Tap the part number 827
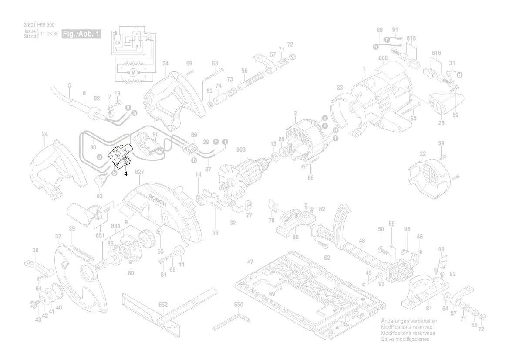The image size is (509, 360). click(x=139, y=173)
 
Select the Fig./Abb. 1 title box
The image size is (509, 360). click(x=82, y=34)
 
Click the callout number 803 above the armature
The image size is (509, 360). click(x=241, y=149)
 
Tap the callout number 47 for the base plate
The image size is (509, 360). click(x=250, y=262)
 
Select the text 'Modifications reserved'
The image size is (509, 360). click(x=407, y=327)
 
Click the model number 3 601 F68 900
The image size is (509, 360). click(x=40, y=26)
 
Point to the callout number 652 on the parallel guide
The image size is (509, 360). click(x=163, y=305)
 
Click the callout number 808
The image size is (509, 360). click(x=383, y=58)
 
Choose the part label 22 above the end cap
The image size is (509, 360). click(x=423, y=153)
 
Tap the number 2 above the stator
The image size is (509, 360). click(x=295, y=114)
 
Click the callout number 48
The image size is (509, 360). click(x=362, y=241)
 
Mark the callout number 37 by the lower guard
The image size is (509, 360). click(x=58, y=237)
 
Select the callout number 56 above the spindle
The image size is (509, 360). click(x=244, y=71)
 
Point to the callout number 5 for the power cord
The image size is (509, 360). click(x=69, y=85)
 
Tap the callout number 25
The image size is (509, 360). click(x=441, y=123)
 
